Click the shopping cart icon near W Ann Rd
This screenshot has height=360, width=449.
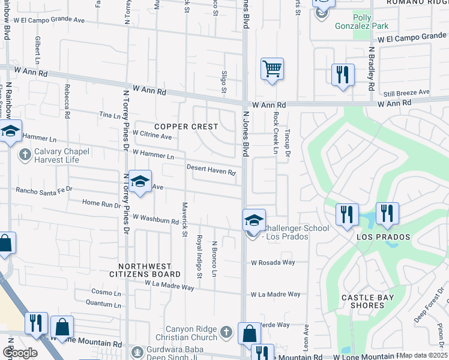[x=272, y=69]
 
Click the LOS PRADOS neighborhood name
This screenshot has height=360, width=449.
[x=384, y=237]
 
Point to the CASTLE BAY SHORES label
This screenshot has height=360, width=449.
[x=363, y=301]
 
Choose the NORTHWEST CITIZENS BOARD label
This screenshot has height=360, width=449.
[x=149, y=270]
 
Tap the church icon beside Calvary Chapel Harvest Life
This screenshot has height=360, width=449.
[x=25, y=155]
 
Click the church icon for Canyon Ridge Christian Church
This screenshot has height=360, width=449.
[x=226, y=332]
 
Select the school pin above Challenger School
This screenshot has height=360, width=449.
[x=254, y=220]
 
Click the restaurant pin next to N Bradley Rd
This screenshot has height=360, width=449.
[x=343, y=75]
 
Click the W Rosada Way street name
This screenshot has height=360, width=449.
[x=273, y=262]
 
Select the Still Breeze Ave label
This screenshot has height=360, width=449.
[x=407, y=92]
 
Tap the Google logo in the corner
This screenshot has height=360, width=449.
[x=20, y=352]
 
